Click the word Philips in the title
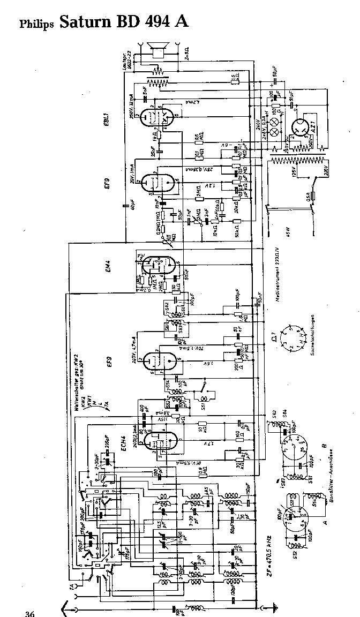point(37,24)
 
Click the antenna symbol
point(67,607)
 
